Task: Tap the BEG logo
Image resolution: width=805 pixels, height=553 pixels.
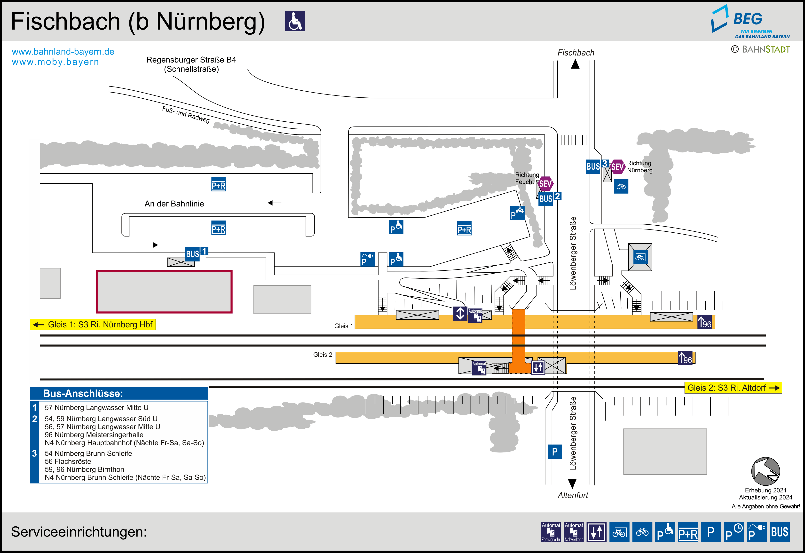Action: pos(750,22)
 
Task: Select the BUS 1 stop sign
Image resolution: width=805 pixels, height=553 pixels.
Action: pos(196,253)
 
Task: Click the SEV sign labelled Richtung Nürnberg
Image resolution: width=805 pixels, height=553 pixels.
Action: pos(617,167)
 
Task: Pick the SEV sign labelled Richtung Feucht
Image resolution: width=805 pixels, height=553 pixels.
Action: pos(545,184)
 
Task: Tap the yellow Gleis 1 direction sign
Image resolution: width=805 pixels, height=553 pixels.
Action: pos(93,325)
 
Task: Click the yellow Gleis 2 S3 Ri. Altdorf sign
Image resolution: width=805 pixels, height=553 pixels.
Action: pos(733,388)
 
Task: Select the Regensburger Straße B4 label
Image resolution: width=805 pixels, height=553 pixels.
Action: pos(191,60)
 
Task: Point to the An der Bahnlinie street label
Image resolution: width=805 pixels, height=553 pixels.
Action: pos(174,204)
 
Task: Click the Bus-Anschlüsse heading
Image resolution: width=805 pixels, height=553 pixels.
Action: pos(83,394)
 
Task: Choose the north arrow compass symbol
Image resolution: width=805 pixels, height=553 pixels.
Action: pos(766,471)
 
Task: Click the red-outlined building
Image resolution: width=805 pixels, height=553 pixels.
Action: pos(164,292)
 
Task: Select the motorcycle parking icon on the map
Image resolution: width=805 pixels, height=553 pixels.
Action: pos(518,213)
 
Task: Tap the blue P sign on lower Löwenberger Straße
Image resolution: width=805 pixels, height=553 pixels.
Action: pos(555,451)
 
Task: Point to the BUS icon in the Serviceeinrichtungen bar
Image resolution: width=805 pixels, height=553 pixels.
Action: pos(779,532)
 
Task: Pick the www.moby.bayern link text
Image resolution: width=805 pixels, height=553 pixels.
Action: pos(55,62)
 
